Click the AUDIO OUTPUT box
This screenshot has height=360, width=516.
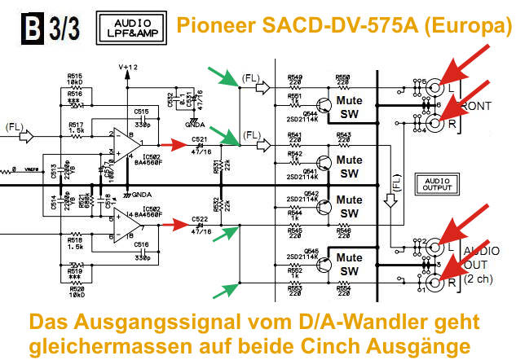[433, 183]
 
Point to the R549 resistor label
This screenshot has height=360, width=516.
[294, 78]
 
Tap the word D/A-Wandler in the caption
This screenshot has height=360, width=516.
[346, 320]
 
